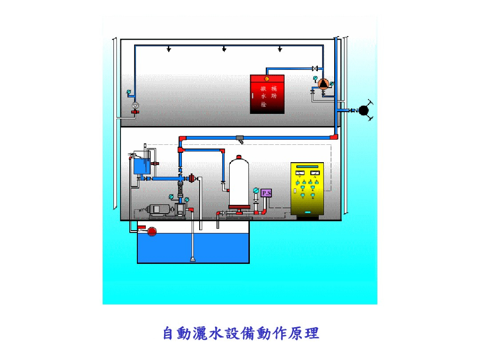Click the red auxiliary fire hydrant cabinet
tap(267, 94)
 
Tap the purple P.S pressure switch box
tap(266, 193)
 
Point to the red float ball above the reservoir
tap(151, 231)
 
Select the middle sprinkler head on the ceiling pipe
tap(224, 49)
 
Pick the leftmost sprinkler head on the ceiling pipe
tap(169, 49)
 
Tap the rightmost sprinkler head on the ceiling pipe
tap(280, 49)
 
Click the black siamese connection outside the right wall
tap(363, 110)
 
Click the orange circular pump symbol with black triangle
tap(323, 84)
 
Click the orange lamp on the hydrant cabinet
tap(267, 79)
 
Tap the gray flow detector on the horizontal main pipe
tap(240, 139)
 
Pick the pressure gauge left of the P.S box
tap(255, 190)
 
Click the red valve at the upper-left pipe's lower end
tap(135, 112)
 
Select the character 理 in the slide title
tap(311, 334)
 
